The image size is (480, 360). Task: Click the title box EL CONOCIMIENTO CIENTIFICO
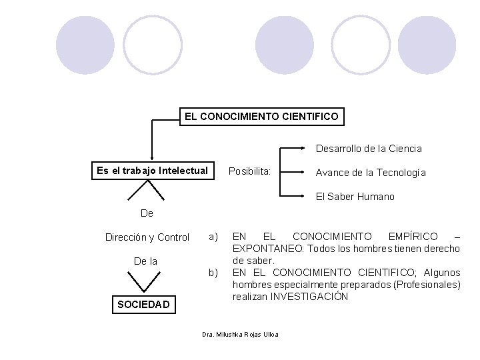262,117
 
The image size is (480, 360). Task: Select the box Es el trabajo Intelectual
152,171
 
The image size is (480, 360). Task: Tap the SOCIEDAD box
143,305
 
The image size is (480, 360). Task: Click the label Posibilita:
250,171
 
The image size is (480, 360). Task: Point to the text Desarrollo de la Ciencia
369,148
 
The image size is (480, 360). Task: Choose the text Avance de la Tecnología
371,173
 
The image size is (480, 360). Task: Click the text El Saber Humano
355,197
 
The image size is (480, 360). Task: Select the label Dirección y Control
147,237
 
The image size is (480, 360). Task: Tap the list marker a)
213,237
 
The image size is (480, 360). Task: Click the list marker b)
213,273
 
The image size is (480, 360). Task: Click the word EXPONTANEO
266,249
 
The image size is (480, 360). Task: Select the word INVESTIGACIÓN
309,297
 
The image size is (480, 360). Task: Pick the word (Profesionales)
427,285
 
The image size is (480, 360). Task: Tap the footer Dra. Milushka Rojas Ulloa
240,334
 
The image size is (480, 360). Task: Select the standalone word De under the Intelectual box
147,213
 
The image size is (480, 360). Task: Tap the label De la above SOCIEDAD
145,261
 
